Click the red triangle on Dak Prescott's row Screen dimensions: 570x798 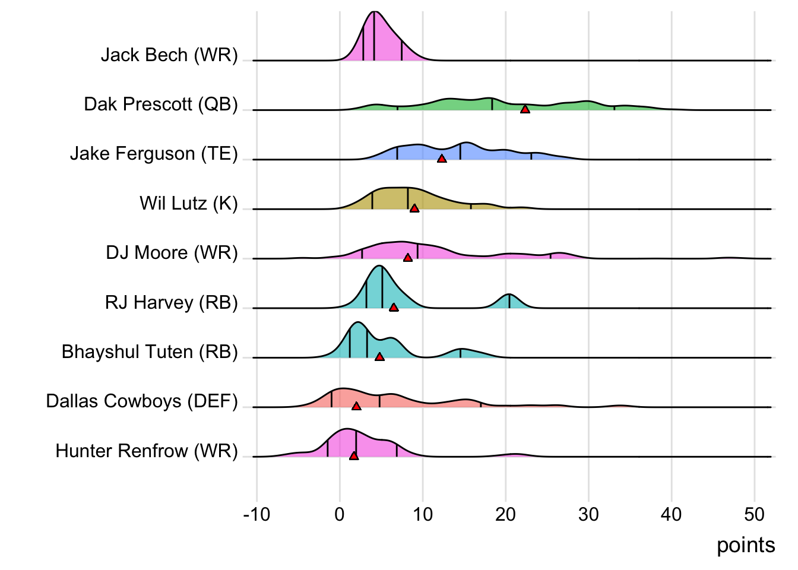(525, 109)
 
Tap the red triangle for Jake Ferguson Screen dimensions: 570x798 (442, 158)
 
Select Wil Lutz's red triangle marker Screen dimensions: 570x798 (414, 208)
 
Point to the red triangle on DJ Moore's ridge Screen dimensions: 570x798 (408, 257)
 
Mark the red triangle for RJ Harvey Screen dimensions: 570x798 (394, 307)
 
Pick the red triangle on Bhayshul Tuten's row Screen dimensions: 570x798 (379, 356)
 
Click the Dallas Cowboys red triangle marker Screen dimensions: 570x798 (356, 406)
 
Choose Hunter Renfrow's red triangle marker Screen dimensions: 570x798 (354, 455)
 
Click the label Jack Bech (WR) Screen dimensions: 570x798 (169, 55)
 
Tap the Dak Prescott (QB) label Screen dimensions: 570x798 (161, 104)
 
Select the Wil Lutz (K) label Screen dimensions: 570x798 (189, 203)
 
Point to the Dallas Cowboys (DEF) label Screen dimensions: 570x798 (142, 401)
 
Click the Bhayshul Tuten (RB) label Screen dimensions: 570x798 (150, 351)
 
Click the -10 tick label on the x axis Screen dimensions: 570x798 (256, 514)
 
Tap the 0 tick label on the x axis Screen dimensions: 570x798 (340, 514)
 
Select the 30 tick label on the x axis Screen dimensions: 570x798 (588, 514)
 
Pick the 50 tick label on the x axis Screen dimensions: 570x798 (754, 514)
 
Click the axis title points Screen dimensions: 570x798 (746, 545)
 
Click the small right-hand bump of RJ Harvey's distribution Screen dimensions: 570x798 (509, 300)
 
